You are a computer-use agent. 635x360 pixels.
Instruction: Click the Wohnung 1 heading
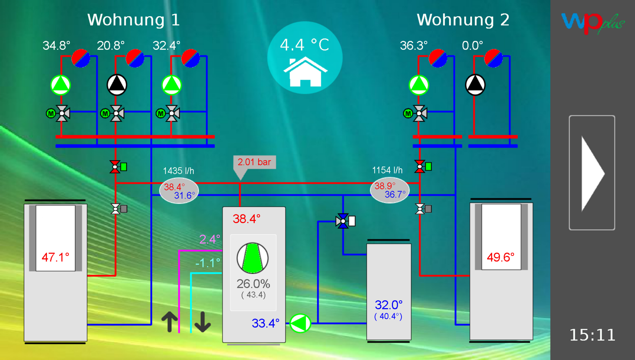(133, 20)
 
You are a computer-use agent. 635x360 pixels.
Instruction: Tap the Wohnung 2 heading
(463, 20)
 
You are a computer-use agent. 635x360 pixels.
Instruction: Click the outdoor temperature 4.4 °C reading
(304, 45)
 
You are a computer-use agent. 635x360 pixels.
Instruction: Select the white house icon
(305, 72)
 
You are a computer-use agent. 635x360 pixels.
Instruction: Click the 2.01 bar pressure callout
(254, 162)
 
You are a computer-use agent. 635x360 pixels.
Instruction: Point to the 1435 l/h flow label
(179, 171)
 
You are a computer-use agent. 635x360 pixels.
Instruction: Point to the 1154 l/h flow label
(387, 170)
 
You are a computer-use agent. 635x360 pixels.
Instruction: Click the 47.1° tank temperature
(55, 257)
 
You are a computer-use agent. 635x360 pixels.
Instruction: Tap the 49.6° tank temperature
(500, 257)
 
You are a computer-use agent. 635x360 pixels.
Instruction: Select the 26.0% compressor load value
(253, 284)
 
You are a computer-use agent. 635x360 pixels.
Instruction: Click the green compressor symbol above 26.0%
(252, 258)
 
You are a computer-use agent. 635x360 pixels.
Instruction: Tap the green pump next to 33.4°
(300, 323)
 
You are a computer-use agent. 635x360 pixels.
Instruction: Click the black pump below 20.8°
(117, 85)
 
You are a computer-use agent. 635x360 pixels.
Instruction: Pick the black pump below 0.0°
(475, 85)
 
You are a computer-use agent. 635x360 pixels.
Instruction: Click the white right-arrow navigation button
(592, 172)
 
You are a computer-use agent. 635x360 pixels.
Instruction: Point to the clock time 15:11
(592, 335)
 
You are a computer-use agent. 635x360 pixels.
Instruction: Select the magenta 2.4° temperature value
(209, 239)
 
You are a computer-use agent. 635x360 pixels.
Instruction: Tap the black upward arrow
(170, 321)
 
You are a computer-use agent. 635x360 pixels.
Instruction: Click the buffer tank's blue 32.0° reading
(388, 305)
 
